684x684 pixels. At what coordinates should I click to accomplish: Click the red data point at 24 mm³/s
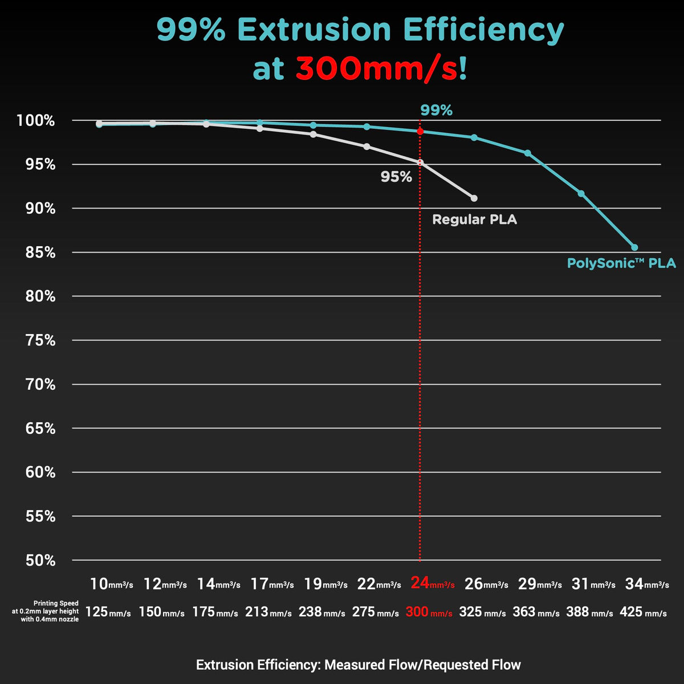420,132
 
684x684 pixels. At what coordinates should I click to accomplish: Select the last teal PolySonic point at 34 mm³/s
634,247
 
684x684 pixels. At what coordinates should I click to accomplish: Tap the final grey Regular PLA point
474,198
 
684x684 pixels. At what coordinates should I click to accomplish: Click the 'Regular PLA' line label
474,219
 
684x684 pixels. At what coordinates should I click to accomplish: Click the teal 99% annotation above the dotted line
436,111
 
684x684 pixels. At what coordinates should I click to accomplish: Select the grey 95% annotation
396,177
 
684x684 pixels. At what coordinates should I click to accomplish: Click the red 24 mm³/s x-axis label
433,584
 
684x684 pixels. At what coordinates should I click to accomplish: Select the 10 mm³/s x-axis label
112,584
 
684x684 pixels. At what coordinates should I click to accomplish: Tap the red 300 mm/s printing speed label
429,612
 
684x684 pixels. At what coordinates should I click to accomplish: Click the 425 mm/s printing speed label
643,612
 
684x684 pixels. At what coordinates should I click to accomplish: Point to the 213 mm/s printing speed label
268,612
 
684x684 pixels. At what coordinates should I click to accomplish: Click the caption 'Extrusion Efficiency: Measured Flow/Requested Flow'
358,665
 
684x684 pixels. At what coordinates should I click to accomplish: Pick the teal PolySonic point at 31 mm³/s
581,194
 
